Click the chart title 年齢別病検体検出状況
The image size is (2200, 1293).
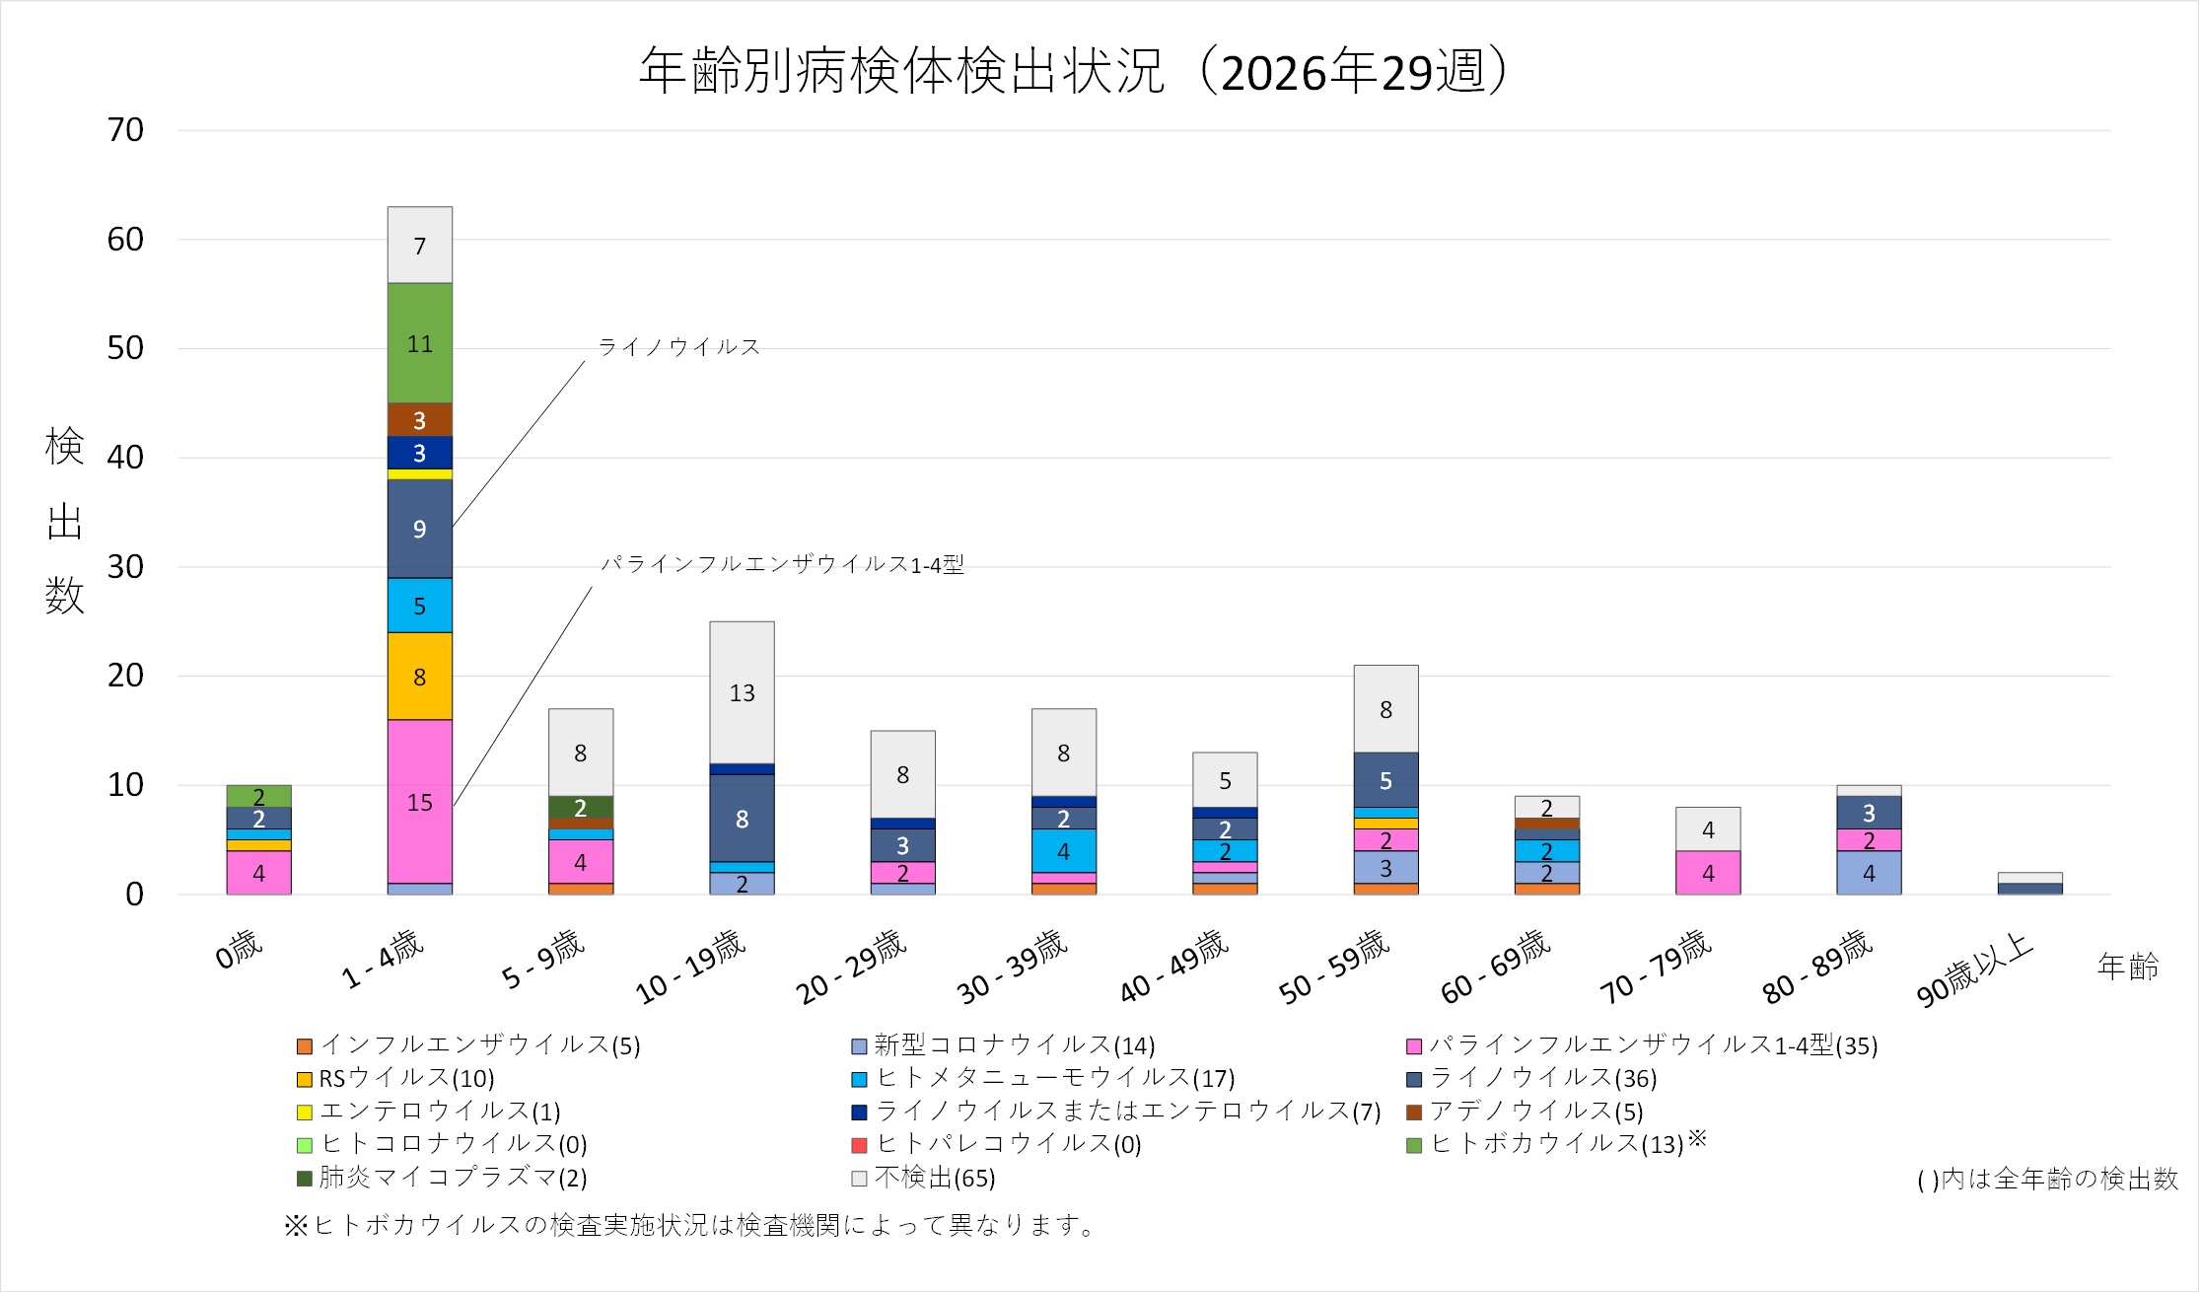pyautogui.click(x=903, y=71)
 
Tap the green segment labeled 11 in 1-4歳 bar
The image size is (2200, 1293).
pyautogui.click(x=420, y=343)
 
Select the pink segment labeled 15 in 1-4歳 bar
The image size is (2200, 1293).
pyautogui.click(x=420, y=802)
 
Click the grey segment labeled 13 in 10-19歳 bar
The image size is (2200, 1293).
pyautogui.click(x=742, y=692)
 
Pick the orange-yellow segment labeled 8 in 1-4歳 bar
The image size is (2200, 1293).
pyautogui.click(x=420, y=677)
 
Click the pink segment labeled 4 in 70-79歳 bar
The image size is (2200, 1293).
pyautogui.click(x=1708, y=873)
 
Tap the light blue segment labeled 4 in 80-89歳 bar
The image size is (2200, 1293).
pyautogui.click(x=1869, y=873)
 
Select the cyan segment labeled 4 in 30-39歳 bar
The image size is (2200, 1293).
pyautogui.click(x=1064, y=851)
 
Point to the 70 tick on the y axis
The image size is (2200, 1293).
pyautogui.click(x=125, y=130)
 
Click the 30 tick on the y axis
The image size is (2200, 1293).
pyautogui.click(x=125, y=567)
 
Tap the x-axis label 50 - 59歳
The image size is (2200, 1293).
pyautogui.click(x=1334, y=968)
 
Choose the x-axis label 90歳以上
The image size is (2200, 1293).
pyautogui.click(x=1975, y=970)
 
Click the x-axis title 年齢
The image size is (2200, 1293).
pyautogui.click(x=2128, y=967)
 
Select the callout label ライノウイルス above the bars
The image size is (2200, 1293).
pyautogui.click(x=679, y=347)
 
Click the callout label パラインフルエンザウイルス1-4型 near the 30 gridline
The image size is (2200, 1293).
pyautogui.click(x=782, y=564)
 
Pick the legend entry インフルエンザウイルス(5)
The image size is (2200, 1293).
pyautogui.click(x=469, y=1045)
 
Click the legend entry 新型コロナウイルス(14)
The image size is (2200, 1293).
pyautogui.click(x=1004, y=1045)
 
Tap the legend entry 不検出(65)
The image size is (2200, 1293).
pyautogui.click(x=924, y=1178)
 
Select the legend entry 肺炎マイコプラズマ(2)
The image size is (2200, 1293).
pyautogui.click(x=442, y=1178)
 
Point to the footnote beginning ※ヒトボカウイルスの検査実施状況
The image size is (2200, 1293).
pyautogui.click(x=690, y=1226)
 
